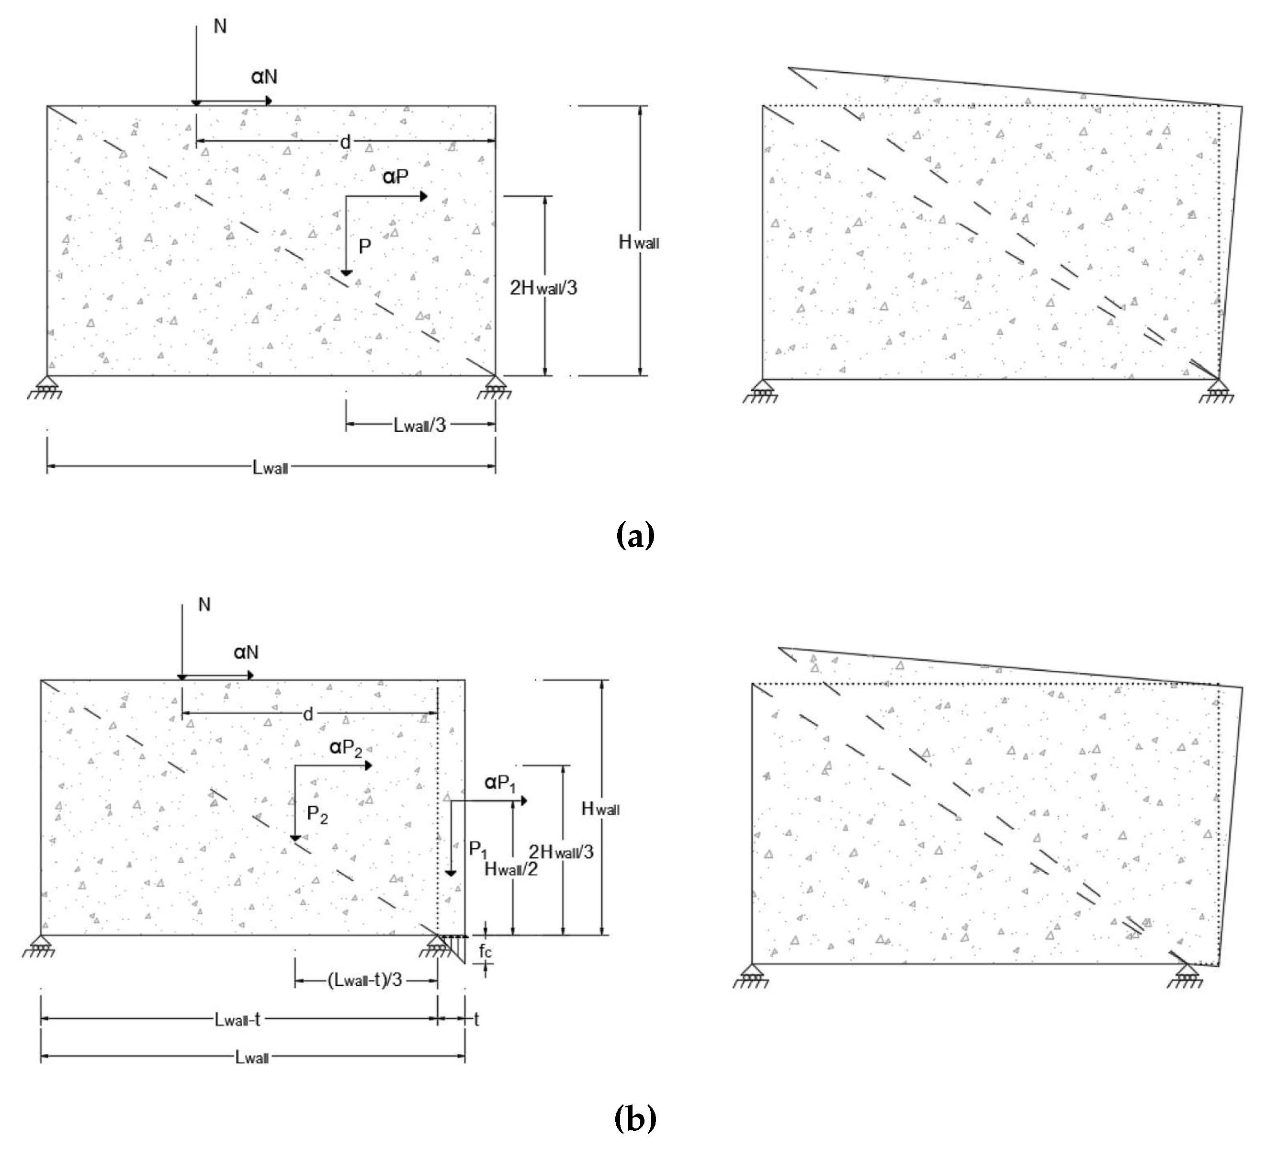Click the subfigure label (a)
(x=634, y=535)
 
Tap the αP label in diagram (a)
(x=395, y=177)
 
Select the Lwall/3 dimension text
(x=420, y=425)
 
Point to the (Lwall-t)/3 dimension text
(x=365, y=980)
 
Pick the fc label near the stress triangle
(x=485, y=951)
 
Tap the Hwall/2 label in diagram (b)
(x=511, y=869)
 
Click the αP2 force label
(x=346, y=749)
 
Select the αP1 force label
(x=500, y=783)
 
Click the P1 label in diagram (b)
(x=478, y=850)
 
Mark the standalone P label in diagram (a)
(x=365, y=246)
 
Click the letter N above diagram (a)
(x=220, y=26)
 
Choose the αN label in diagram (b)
(x=246, y=652)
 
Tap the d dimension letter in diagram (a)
(x=345, y=143)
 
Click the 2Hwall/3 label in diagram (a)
(x=543, y=288)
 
